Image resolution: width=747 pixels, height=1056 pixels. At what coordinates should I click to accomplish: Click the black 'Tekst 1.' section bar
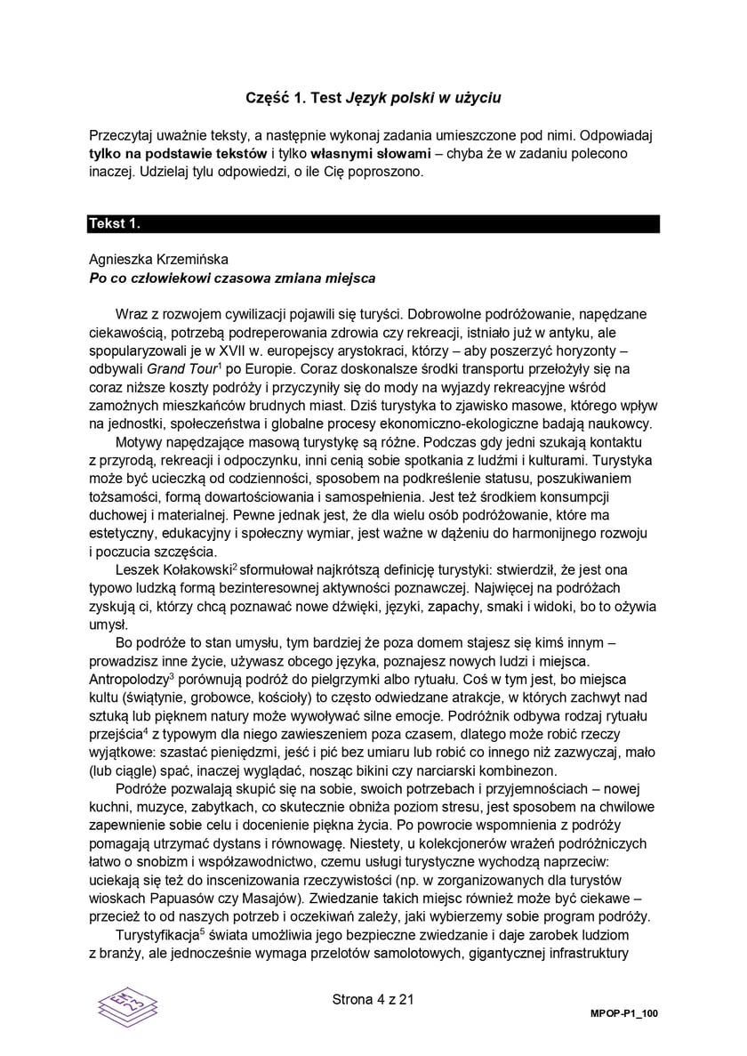(x=373, y=224)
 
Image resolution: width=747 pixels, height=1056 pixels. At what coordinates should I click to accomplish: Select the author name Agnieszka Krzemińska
(x=159, y=260)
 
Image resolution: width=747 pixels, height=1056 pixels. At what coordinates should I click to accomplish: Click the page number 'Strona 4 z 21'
(x=373, y=999)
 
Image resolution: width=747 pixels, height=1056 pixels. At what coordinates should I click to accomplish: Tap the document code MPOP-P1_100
(x=623, y=1014)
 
